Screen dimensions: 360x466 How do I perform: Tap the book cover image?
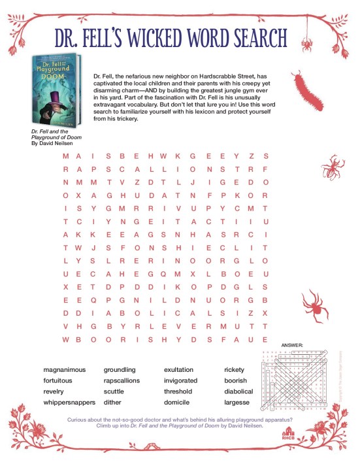click(56, 89)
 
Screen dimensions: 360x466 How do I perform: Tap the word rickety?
click(234, 370)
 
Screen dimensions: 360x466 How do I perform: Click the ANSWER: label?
click(291, 344)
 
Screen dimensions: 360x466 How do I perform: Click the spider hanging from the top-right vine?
click(304, 44)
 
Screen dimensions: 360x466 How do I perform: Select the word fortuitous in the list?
click(58, 380)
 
